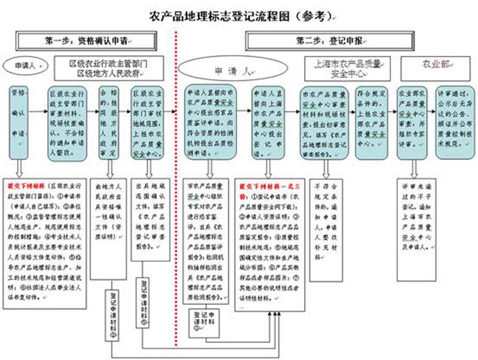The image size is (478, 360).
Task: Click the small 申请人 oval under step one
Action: pyautogui.click(x=25, y=65)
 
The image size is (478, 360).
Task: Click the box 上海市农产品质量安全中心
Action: pyautogui.click(x=348, y=67)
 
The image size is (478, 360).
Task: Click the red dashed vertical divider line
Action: pyautogui.click(x=177, y=183)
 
